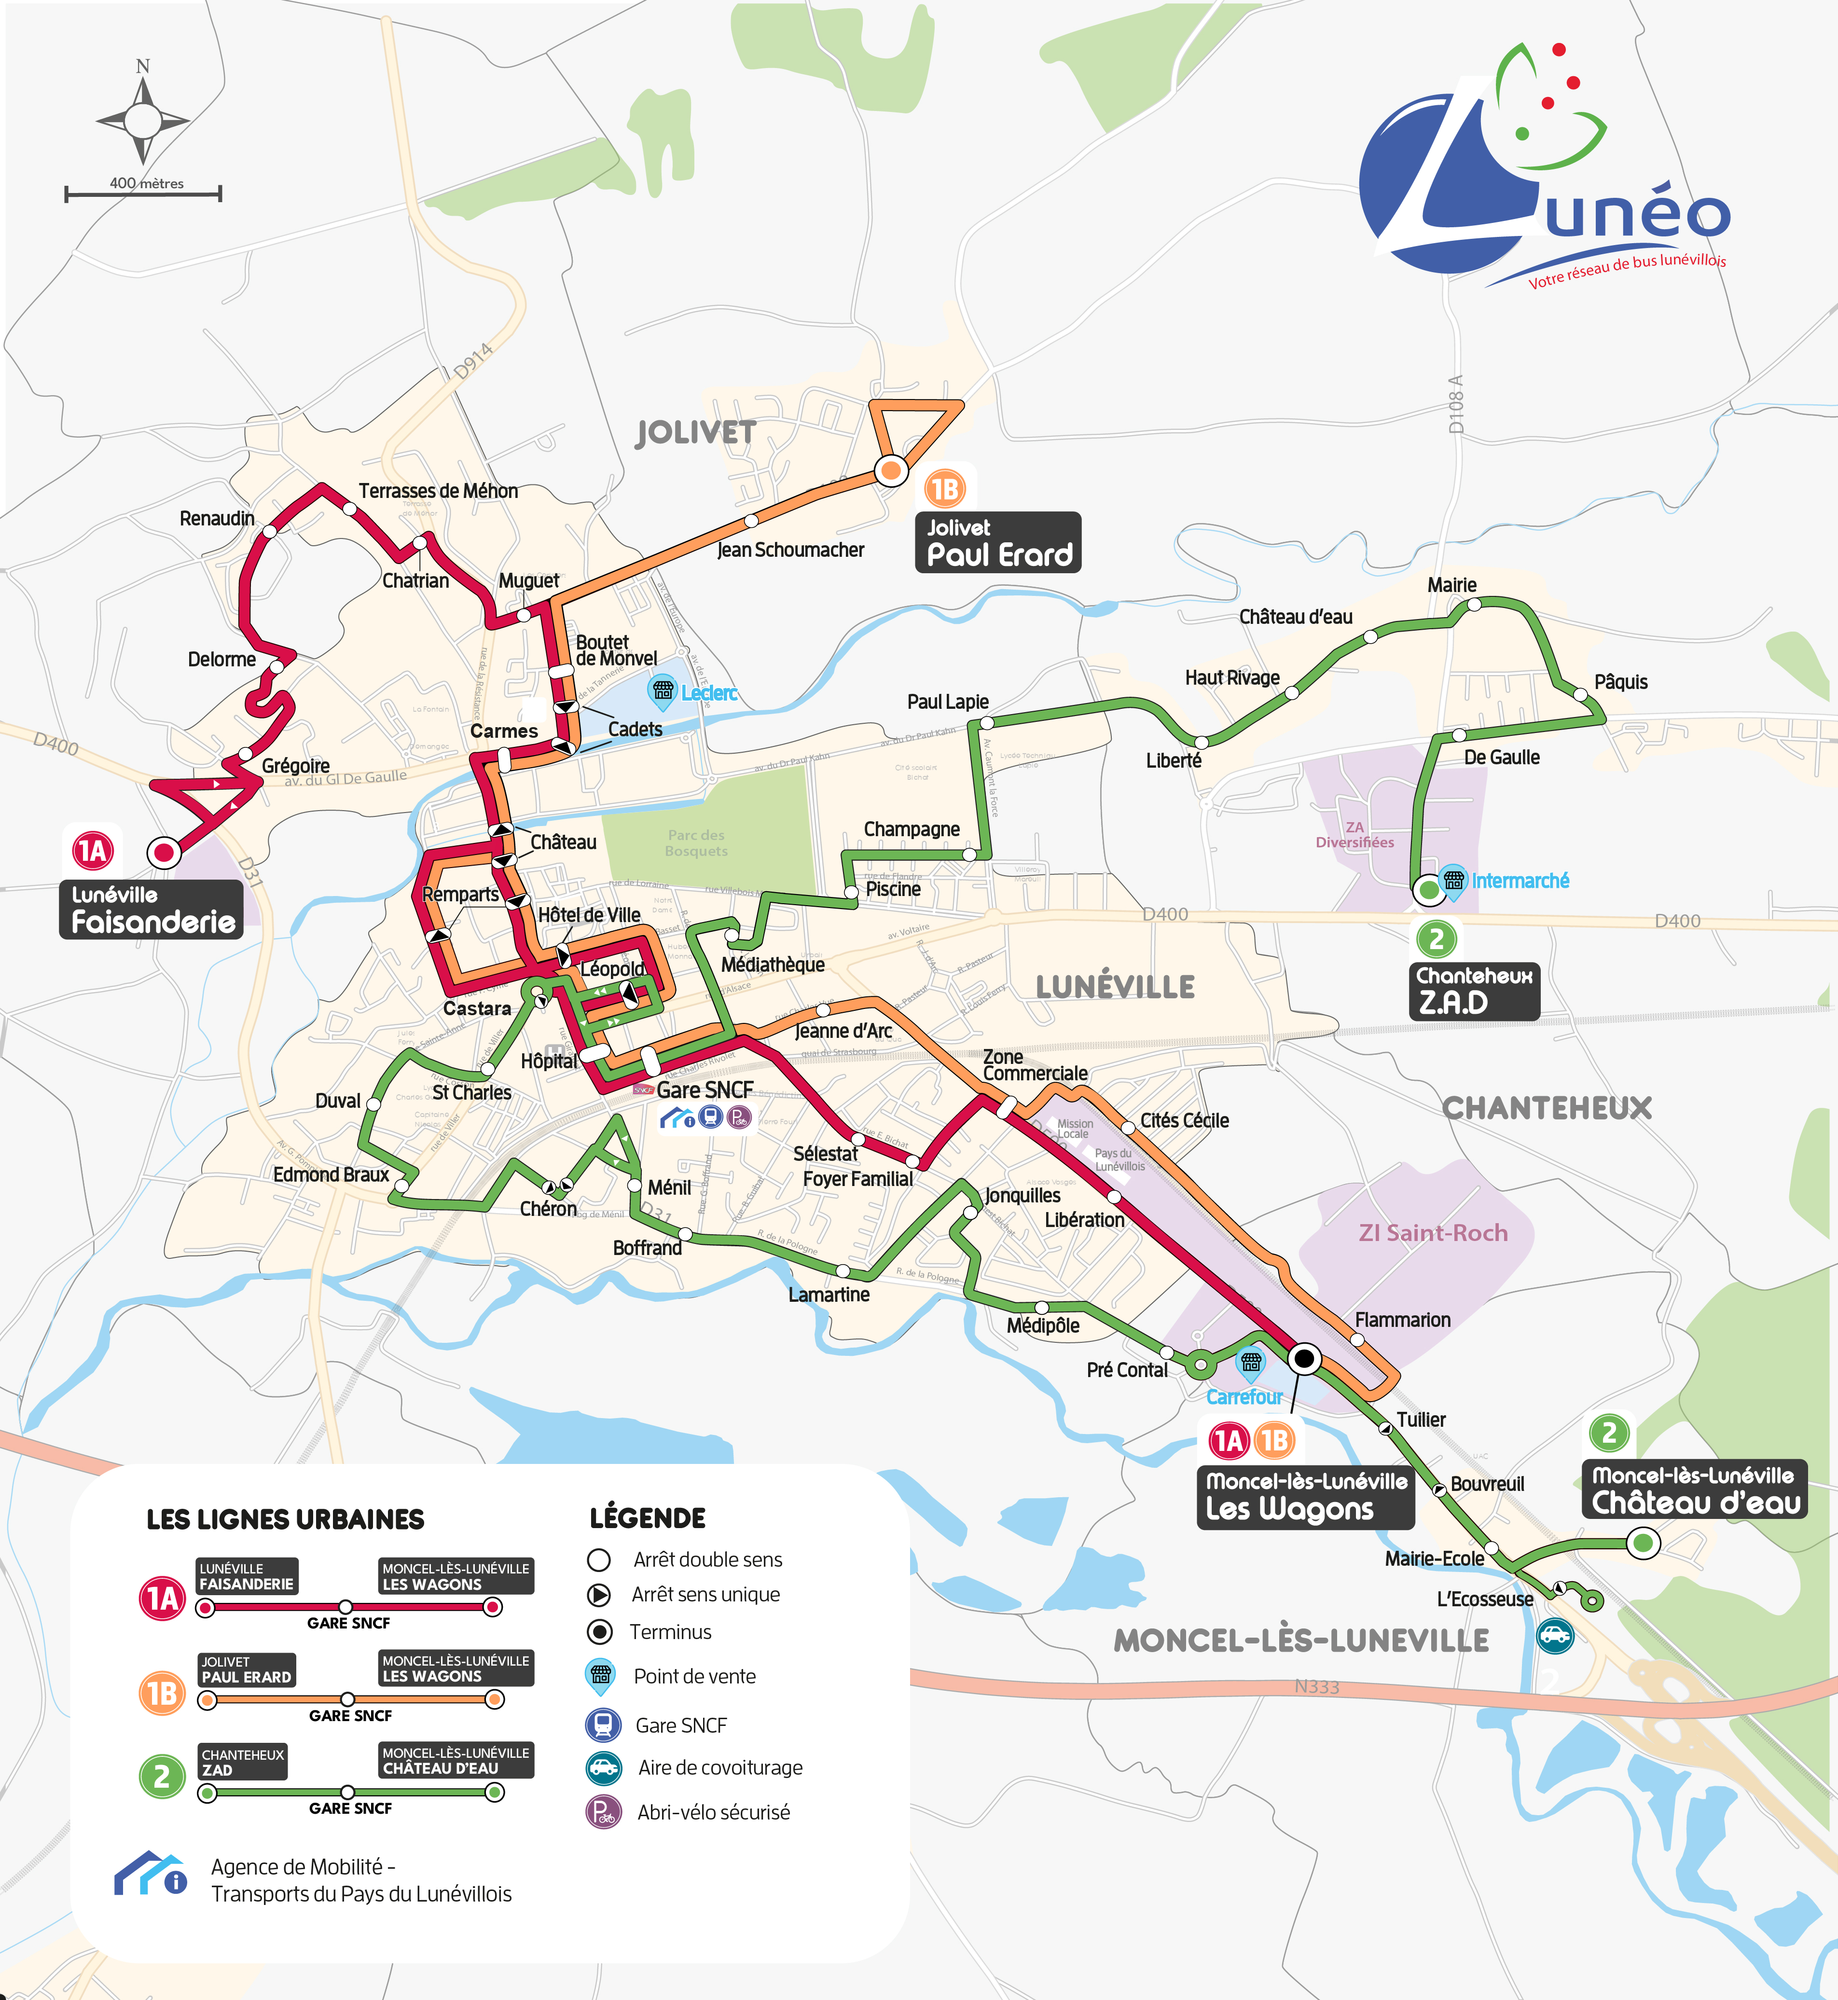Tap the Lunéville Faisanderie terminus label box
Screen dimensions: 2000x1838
pyautogui.click(x=151, y=909)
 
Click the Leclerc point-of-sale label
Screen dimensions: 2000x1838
pyautogui.click(x=709, y=693)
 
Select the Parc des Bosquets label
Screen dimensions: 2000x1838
pyautogui.click(x=696, y=842)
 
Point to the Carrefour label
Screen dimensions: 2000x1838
pyautogui.click(x=1243, y=1397)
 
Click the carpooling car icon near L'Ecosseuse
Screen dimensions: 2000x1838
pyautogui.click(x=1555, y=1635)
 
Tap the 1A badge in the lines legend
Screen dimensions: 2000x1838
pyautogui.click(x=162, y=1598)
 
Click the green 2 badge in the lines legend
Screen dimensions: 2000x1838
pyautogui.click(x=162, y=1776)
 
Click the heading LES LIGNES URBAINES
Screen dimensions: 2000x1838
pyautogui.click(x=286, y=1519)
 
